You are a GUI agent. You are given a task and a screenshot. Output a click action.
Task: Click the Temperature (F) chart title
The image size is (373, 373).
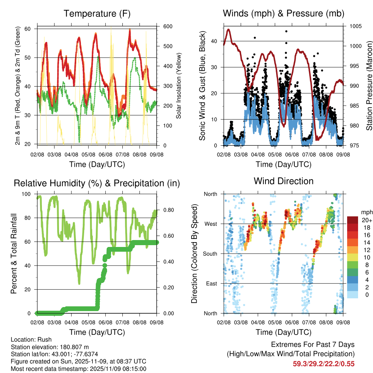pos(97,14)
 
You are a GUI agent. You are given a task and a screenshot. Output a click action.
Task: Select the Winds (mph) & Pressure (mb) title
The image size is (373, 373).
pos(283,14)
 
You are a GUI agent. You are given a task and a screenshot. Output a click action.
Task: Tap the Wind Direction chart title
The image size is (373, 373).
pos(283,181)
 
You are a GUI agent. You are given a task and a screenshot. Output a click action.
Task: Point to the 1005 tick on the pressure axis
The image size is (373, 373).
pos(355,26)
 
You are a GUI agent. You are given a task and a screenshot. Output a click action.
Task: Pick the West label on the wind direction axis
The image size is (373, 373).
pos(210,224)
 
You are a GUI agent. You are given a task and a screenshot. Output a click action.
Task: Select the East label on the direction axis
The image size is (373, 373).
pos(211,283)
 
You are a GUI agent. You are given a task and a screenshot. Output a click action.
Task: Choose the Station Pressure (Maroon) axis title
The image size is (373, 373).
pos(369,86)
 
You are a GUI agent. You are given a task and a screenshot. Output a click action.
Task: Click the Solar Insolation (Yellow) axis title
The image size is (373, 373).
pos(179,86)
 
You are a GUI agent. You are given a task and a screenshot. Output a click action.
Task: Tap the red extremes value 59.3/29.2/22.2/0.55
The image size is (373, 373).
pos(323,364)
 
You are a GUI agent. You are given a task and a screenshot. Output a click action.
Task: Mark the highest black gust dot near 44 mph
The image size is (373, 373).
pos(286,31)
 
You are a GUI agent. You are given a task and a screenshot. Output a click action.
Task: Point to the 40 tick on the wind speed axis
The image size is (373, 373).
pos(214,41)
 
